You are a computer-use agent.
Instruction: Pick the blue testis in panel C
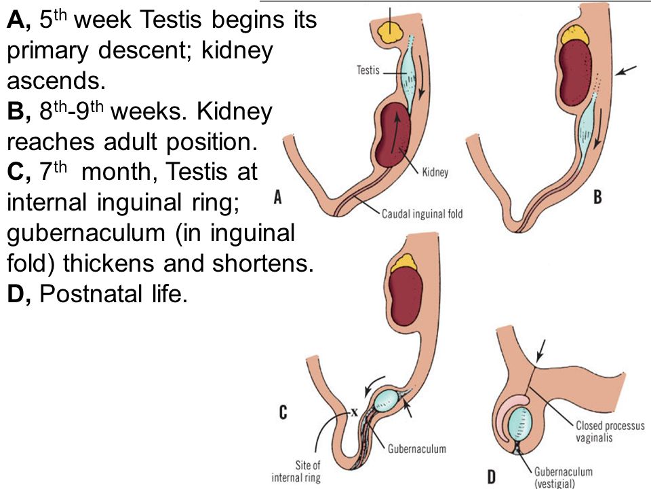(x=387, y=399)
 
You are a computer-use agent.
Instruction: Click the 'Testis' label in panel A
(x=368, y=70)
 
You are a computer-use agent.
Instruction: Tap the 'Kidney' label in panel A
(x=435, y=172)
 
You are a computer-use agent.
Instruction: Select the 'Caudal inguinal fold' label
(x=422, y=214)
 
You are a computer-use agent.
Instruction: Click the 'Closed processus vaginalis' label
(x=610, y=431)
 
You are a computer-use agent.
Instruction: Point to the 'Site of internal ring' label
(x=296, y=471)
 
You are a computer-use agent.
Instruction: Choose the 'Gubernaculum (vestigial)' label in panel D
(x=563, y=477)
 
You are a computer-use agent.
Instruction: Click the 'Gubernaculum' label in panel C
(x=417, y=449)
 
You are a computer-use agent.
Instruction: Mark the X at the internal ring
(x=354, y=412)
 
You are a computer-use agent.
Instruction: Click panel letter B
(x=597, y=196)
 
